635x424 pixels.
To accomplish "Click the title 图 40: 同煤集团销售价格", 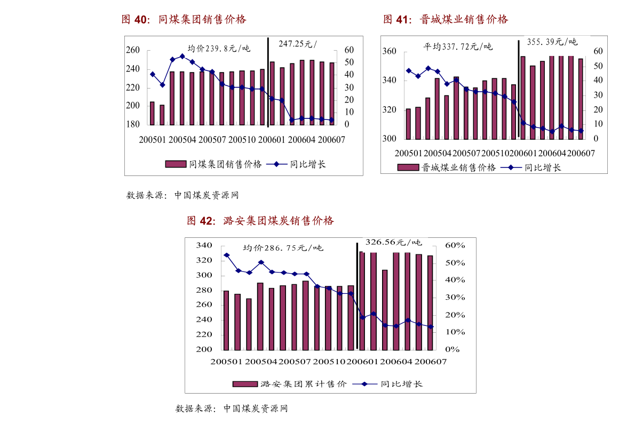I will pyautogui.click(x=184, y=20).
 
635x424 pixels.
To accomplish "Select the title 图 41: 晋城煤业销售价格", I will pyautogui.click(x=446, y=20).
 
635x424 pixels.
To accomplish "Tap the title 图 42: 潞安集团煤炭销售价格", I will pyautogui.click(x=260, y=220).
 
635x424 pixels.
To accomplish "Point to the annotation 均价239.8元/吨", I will pyautogui.click(x=219, y=48).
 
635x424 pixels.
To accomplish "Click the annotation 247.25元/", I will pyautogui.click(x=297, y=44).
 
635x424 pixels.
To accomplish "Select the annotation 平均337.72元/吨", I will pyautogui.click(x=458, y=46).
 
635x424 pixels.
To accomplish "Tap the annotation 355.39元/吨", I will pyautogui.click(x=552, y=42).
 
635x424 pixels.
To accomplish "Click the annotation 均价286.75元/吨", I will pyautogui.click(x=283, y=248).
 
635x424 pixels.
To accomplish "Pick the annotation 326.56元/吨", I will pyautogui.click(x=393, y=242).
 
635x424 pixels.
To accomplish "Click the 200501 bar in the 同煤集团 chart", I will pyautogui.click(x=152, y=113).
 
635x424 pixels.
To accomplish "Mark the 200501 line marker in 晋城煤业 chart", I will pyautogui.click(x=408, y=70).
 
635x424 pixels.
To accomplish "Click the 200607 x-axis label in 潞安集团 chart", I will pyautogui.click(x=431, y=362).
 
